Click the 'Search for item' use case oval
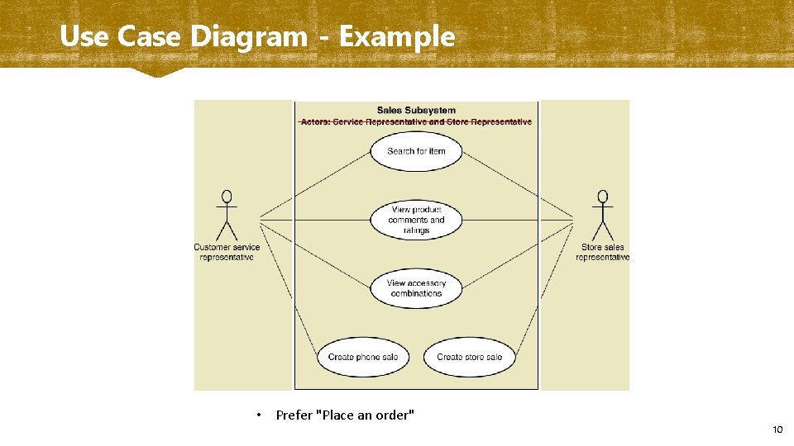click(416, 151)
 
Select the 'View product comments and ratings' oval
click(416, 220)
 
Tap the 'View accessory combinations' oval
click(416, 288)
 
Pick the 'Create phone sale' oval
click(363, 357)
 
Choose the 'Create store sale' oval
click(469, 357)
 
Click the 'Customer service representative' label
click(227, 252)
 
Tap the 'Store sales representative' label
click(602, 252)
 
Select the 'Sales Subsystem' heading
click(416, 110)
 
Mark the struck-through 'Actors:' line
click(416, 121)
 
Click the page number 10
click(777, 429)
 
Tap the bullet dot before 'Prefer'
click(259, 415)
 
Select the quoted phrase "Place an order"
click(367, 415)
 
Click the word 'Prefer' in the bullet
click(294, 415)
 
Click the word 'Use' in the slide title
click(83, 36)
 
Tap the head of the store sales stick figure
click(602, 197)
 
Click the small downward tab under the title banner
click(157, 73)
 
